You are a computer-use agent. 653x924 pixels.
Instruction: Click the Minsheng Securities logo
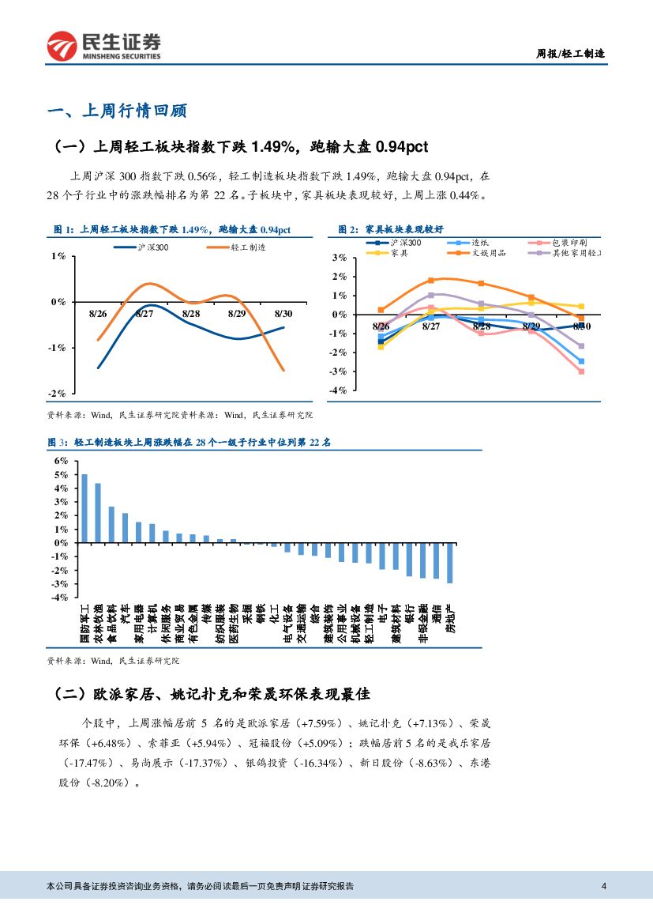103,46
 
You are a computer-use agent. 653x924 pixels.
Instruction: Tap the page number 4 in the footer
604,885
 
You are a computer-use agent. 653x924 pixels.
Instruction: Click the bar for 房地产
450,563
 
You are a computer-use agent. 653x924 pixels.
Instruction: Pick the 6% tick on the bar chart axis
61,461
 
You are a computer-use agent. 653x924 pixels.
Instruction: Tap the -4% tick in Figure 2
339,390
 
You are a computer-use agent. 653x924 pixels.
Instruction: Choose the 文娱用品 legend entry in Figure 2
490,253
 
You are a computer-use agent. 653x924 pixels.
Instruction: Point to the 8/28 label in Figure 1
190,313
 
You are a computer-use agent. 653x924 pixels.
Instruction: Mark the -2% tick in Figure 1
57,394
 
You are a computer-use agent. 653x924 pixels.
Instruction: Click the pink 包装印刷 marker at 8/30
581,371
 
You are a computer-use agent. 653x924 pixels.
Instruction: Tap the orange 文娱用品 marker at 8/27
431,281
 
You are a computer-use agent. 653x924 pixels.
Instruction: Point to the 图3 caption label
59,443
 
